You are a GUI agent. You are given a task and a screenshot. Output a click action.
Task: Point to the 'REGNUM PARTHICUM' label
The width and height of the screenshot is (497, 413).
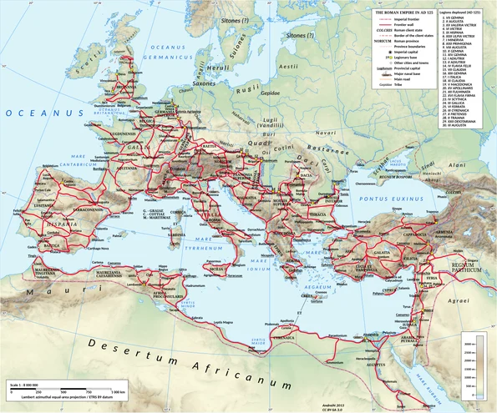point(468,267)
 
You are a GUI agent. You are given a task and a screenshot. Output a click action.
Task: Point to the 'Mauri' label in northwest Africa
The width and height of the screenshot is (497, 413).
point(39,293)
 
